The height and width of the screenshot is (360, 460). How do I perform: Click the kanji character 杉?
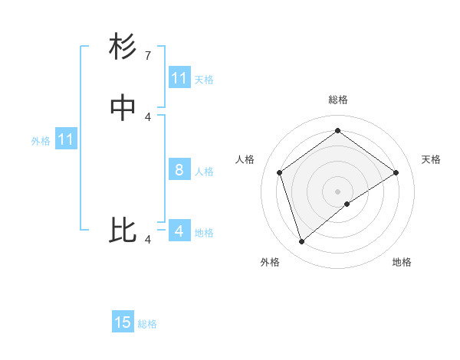coord(123,47)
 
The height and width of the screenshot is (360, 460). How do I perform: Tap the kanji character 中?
coord(123,109)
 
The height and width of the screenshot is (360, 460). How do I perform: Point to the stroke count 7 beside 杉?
coord(148,56)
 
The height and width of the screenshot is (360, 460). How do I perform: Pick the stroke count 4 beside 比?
coord(148,240)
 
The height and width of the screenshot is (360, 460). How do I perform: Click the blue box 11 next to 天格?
coord(179,77)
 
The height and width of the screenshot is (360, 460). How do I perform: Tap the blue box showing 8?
coord(179,169)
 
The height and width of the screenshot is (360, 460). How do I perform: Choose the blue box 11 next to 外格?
coord(66,139)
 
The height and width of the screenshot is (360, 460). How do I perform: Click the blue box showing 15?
coord(123,322)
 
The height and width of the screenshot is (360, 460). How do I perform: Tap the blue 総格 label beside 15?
coord(147,324)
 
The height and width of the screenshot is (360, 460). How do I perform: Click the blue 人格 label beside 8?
coord(204,172)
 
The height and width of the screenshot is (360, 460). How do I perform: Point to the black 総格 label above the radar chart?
coord(337,100)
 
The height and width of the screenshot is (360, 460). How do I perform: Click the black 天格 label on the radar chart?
coord(431,159)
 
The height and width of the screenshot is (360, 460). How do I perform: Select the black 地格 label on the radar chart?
coord(402,262)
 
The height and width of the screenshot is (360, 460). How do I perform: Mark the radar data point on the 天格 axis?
coord(396,172)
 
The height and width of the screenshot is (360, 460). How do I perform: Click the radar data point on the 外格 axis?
coord(301,242)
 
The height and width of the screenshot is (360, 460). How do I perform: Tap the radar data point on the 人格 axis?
coord(279,172)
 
